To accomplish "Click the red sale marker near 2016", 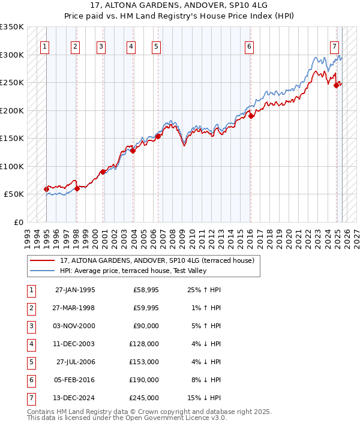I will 251,116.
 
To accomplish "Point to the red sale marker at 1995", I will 47,190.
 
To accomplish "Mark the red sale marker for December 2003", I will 133,151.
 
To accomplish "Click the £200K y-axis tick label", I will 12,111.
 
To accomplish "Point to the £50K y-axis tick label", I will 14,194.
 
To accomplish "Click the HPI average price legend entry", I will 133,271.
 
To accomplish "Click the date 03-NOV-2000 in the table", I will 75,326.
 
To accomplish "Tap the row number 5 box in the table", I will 30,362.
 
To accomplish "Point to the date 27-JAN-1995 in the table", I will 75,290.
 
